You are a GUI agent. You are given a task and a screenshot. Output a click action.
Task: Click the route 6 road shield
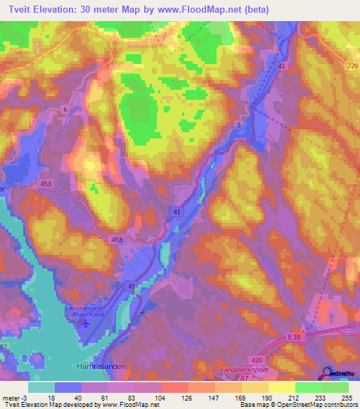(65, 110)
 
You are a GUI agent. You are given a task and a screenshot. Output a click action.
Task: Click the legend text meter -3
(14, 396)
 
